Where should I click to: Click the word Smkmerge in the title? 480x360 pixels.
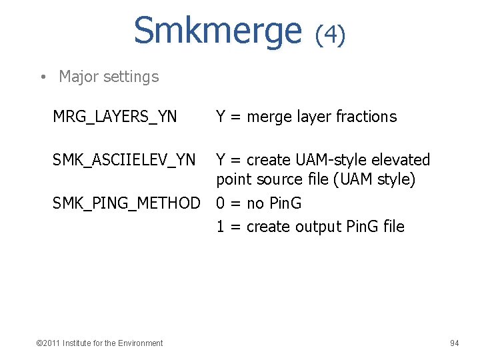click(x=218, y=30)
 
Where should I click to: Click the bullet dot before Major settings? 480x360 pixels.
click(x=42, y=77)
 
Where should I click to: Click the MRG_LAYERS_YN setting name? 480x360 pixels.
click(x=115, y=117)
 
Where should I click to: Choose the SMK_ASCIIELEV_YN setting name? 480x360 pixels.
click(x=124, y=160)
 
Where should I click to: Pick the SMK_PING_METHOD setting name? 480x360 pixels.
click(x=126, y=203)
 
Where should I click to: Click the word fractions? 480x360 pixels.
click(x=366, y=117)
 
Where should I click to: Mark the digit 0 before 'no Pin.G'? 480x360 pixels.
click(x=221, y=203)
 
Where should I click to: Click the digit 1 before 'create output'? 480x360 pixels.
click(x=221, y=227)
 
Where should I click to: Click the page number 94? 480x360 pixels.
click(x=454, y=343)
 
